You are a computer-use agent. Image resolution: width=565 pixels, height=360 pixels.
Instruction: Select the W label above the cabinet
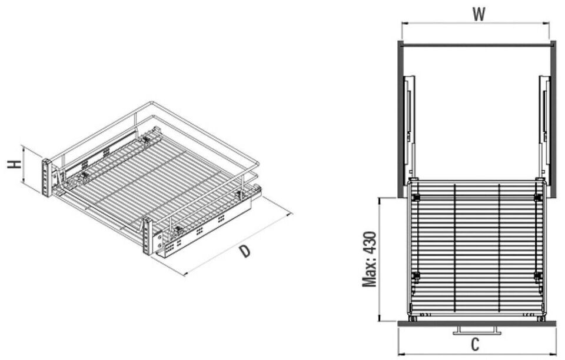pyautogui.click(x=478, y=14)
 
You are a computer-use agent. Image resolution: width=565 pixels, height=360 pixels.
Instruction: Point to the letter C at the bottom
pyautogui.click(x=476, y=344)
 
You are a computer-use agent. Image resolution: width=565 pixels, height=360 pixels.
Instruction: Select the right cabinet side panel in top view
pyautogui.click(x=551, y=118)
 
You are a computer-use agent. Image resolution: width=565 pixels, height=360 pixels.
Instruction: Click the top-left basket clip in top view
pyautogui.click(x=416, y=197)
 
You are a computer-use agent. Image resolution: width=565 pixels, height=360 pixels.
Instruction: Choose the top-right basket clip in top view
pyautogui.click(x=537, y=197)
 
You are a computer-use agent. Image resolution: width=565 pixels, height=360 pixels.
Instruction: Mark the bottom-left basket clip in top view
pyautogui.click(x=416, y=275)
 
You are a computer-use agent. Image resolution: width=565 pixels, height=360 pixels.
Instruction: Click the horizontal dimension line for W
pyautogui.click(x=476, y=24)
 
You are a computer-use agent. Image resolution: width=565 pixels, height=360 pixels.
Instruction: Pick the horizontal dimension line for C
pyautogui.click(x=476, y=354)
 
